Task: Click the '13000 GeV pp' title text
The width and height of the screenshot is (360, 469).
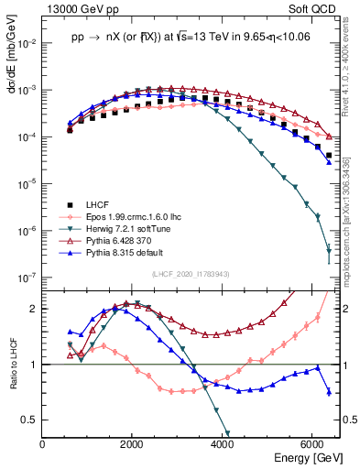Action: (79, 8)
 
